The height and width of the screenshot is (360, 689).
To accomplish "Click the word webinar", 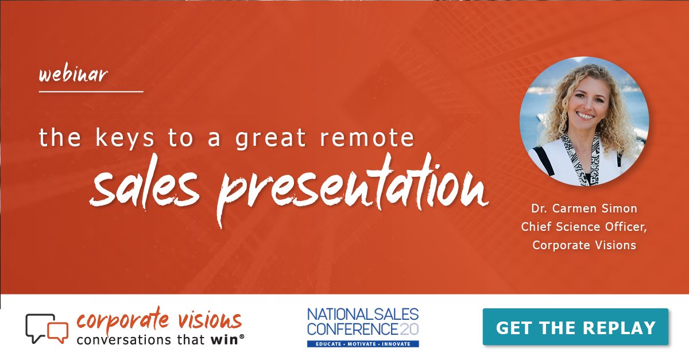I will click(73, 75).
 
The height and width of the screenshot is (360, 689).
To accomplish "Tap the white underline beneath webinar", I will click(91, 91).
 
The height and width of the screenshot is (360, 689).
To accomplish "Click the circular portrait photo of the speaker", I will click(584, 121).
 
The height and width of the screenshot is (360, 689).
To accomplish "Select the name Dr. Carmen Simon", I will click(584, 208).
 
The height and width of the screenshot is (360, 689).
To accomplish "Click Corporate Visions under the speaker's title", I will click(584, 245).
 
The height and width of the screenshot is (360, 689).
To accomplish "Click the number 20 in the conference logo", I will click(409, 330).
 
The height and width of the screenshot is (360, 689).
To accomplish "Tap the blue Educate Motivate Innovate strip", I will click(363, 343).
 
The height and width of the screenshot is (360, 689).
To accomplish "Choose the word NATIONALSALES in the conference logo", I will click(363, 315).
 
